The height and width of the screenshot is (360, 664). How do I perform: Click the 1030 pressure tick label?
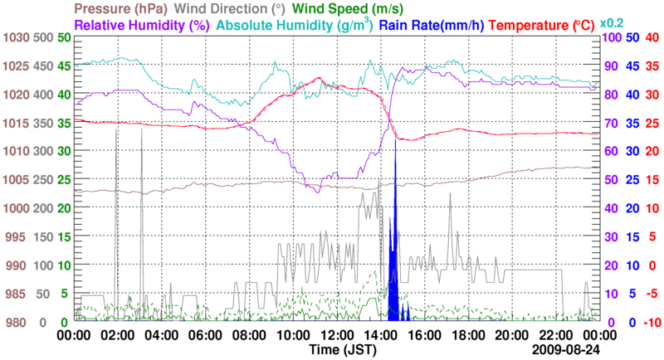point(15,38)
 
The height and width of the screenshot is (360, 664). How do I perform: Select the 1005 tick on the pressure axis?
point(15,180)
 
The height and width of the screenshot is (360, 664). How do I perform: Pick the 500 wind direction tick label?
point(42,38)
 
